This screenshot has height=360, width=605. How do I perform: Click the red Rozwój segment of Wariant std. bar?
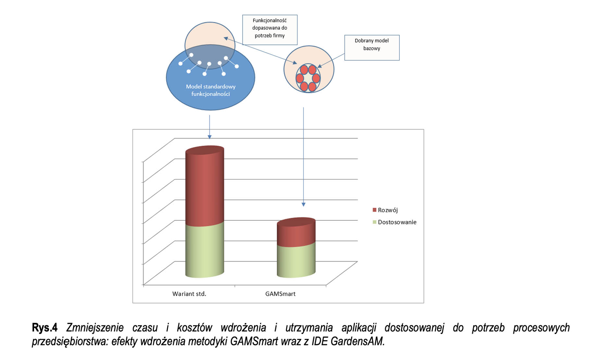coord(204,188)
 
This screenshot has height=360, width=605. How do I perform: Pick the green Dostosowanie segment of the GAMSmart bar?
coord(296,261)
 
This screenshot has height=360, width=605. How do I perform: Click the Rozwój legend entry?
coord(388,210)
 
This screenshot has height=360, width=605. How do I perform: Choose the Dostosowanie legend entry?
coord(397,222)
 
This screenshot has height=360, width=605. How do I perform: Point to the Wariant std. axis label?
coord(189,294)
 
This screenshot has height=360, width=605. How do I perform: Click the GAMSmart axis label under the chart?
coord(280,294)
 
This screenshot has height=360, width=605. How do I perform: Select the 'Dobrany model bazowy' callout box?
coord(372,48)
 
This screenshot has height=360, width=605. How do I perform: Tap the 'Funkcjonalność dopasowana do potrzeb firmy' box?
coord(270,30)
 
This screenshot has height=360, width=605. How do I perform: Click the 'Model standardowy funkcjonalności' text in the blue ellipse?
coord(211,90)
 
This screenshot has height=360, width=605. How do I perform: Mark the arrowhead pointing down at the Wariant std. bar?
coord(210,137)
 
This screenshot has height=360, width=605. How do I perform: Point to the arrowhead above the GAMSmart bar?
coord(303,204)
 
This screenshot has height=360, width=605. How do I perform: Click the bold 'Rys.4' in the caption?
coord(44,328)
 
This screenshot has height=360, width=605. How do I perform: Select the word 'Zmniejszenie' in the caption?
coord(95,328)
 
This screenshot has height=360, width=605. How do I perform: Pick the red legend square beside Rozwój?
coord(375,210)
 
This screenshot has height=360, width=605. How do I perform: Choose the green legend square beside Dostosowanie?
coord(375,222)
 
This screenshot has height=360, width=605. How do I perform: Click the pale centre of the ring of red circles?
coord(308,78)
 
